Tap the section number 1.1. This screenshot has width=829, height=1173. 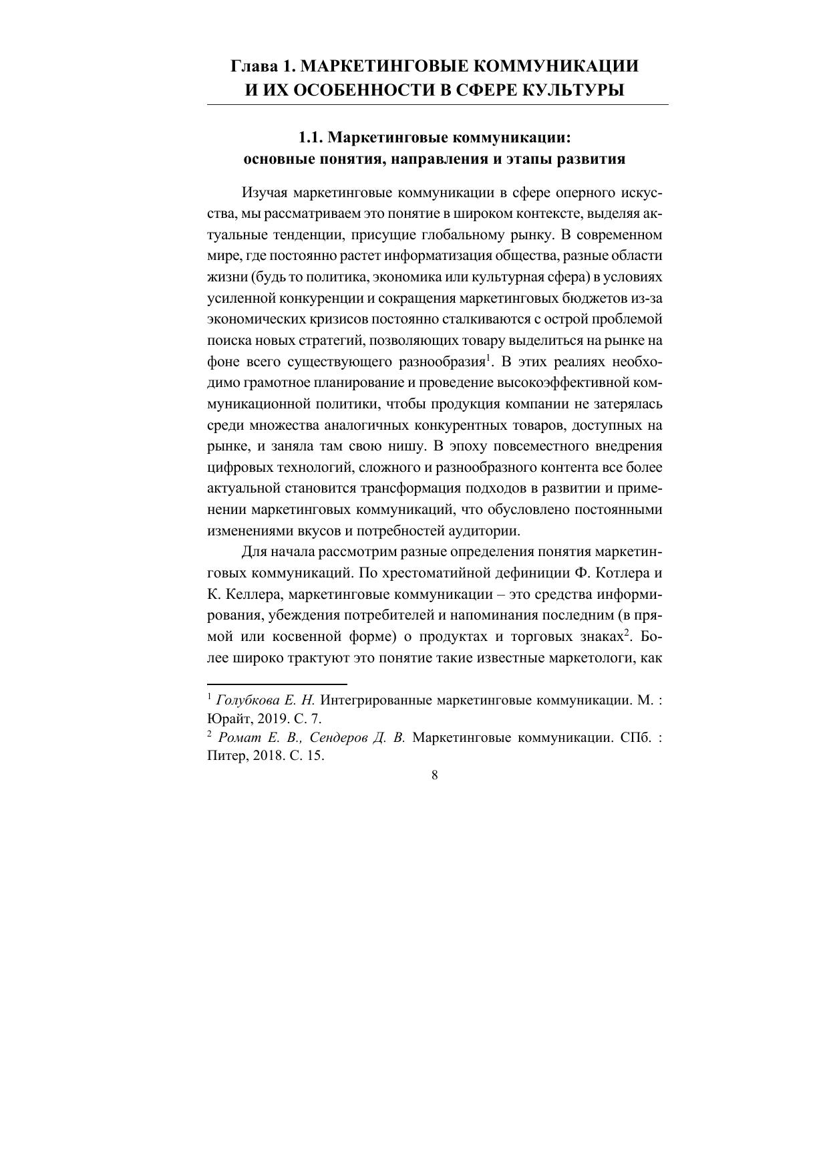(311, 138)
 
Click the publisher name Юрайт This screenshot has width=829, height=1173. (226, 719)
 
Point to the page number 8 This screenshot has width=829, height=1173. (435, 775)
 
